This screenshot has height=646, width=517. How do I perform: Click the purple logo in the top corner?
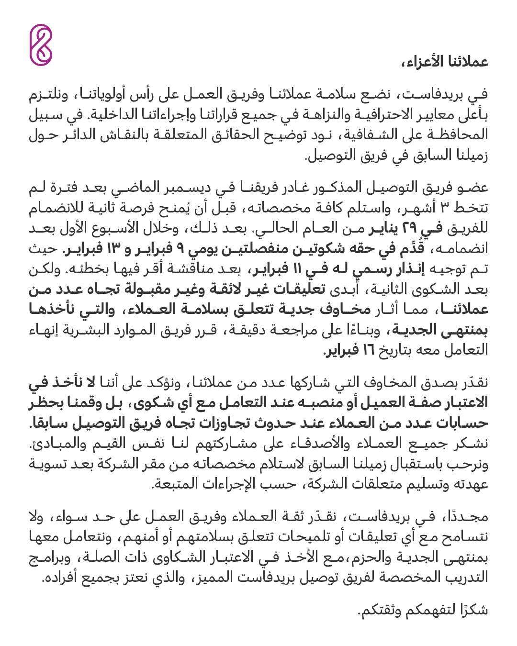[x=41, y=45]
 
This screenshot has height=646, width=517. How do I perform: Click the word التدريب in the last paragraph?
[x=469, y=578]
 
